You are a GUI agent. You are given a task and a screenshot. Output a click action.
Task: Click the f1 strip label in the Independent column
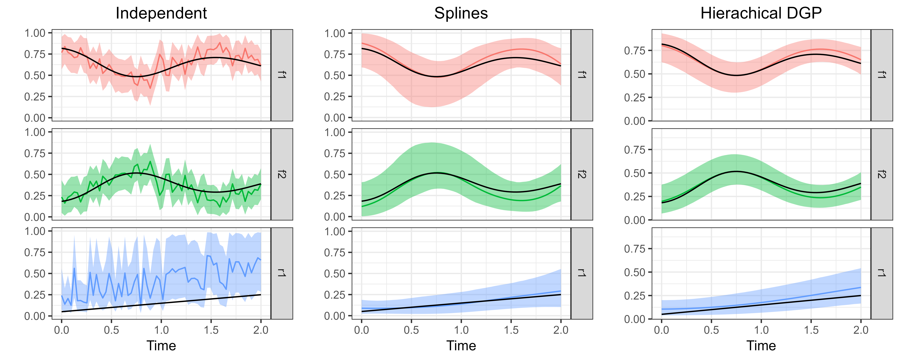pyautogui.click(x=282, y=75)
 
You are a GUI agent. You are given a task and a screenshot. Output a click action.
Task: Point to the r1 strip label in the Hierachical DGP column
pyautogui.click(x=881, y=273)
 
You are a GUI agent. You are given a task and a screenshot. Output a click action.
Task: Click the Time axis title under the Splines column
pyautogui.click(x=461, y=346)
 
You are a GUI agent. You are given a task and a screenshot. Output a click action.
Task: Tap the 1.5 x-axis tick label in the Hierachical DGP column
pyautogui.click(x=811, y=330)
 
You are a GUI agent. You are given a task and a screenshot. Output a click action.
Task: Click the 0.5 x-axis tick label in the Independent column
pyautogui.click(x=111, y=330)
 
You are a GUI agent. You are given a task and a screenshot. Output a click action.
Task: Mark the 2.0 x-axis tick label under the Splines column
pyautogui.click(x=561, y=330)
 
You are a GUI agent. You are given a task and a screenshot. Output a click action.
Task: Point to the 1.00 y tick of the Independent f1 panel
pyautogui.click(x=35, y=33)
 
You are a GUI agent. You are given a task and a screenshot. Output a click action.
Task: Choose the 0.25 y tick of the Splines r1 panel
pyautogui.click(x=335, y=295)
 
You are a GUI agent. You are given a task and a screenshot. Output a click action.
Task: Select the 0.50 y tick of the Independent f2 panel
pyautogui.click(x=35, y=174)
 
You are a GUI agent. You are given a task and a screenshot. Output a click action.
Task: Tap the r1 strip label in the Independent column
pyautogui.click(x=282, y=273)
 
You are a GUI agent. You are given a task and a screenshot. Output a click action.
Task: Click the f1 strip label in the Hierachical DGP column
pyautogui.click(x=881, y=75)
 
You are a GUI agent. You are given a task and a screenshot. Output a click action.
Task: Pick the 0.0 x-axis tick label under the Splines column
pyautogui.click(x=362, y=330)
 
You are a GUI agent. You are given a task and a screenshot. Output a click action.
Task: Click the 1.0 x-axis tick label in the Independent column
pyautogui.click(x=161, y=330)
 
